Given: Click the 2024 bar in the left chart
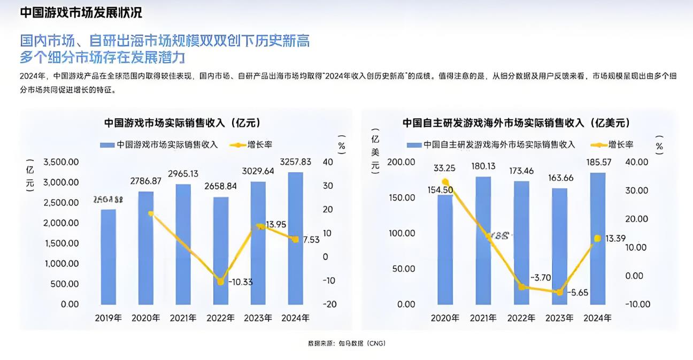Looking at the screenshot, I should (x=296, y=238).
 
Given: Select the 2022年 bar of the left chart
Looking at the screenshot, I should (x=221, y=250).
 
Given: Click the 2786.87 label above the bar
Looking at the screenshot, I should (x=146, y=181).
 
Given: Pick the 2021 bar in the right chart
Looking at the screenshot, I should (x=483, y=240).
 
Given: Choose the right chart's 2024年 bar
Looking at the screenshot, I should (x=598, y=238).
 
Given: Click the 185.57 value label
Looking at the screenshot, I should (x=598, y=162).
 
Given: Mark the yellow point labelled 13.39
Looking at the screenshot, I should (x=598, y=238).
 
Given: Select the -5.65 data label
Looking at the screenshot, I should (x=578, y=293).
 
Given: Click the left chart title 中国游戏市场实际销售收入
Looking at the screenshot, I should (x=182, y=123).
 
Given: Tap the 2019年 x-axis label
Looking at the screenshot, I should (x=109, y=318).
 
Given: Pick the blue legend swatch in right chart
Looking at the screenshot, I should (x=413, y=144).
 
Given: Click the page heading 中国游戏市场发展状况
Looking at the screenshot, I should (x=81, y=12).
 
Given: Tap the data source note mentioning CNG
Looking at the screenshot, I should (x=346, y=343).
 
